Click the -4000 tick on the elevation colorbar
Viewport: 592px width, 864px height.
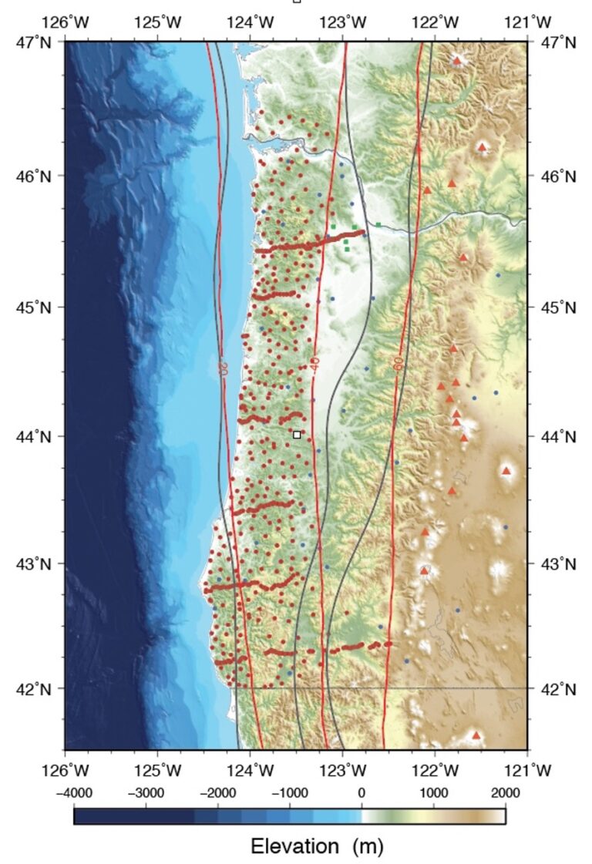(x=74, y=792)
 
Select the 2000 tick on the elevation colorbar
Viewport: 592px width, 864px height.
(x=505, y=792)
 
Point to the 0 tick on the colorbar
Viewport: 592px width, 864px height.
(x=362, y=792)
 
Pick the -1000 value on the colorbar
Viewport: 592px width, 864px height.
(x=289, y=792)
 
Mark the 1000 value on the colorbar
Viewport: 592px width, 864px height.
(x=433, y=792)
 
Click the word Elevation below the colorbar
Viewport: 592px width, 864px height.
(x=294, y=846)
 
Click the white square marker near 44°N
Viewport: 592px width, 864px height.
(x=298, y=435)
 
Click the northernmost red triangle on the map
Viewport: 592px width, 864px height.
(x=457, y=60)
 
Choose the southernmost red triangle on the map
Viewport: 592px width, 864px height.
(x=476, y=735)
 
